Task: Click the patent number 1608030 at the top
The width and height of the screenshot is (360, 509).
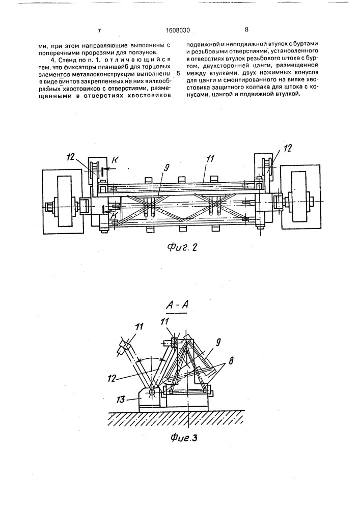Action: click(x=177, y=31)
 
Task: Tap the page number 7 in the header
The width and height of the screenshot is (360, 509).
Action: click(x=99, y=31)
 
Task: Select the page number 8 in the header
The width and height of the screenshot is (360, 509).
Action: click(x=246, y=30)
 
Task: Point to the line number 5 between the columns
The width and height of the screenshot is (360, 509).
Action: click(x=180, y=74)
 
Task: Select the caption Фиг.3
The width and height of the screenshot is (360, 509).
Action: click(x=184, y=438)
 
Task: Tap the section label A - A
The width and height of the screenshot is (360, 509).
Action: click(x=177, y=305)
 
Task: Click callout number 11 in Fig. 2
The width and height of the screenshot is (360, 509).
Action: click(x=211, y=158)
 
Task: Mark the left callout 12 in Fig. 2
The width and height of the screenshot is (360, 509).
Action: click(x=71, y=157)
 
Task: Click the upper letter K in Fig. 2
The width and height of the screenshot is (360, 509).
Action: click(x=115, y=160)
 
